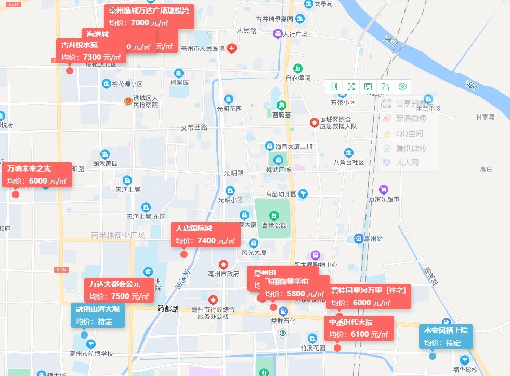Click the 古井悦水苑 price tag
click(x=91, y=51)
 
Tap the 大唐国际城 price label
click(x=205, y=235)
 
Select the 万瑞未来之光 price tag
click(x=37, y=175)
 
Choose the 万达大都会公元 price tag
click(x=119, y=290)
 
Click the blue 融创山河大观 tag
click(x=98, y=315)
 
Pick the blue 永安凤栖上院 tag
click(x=446, y=336)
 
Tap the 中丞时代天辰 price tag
click(x=358, y=328)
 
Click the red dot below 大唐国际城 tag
click(x=184, y=254)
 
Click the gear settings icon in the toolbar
click(x=402, y=87)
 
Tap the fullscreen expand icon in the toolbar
click(x=351, y=87)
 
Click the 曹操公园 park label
click(x=274, y=225)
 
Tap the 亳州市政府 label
click(x=223, y=274)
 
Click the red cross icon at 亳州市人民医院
click(x=232, y=48)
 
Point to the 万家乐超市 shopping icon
click(x=384, y=189)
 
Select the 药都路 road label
click(x=168, y=309)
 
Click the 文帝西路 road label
click(x=194, y=127)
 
